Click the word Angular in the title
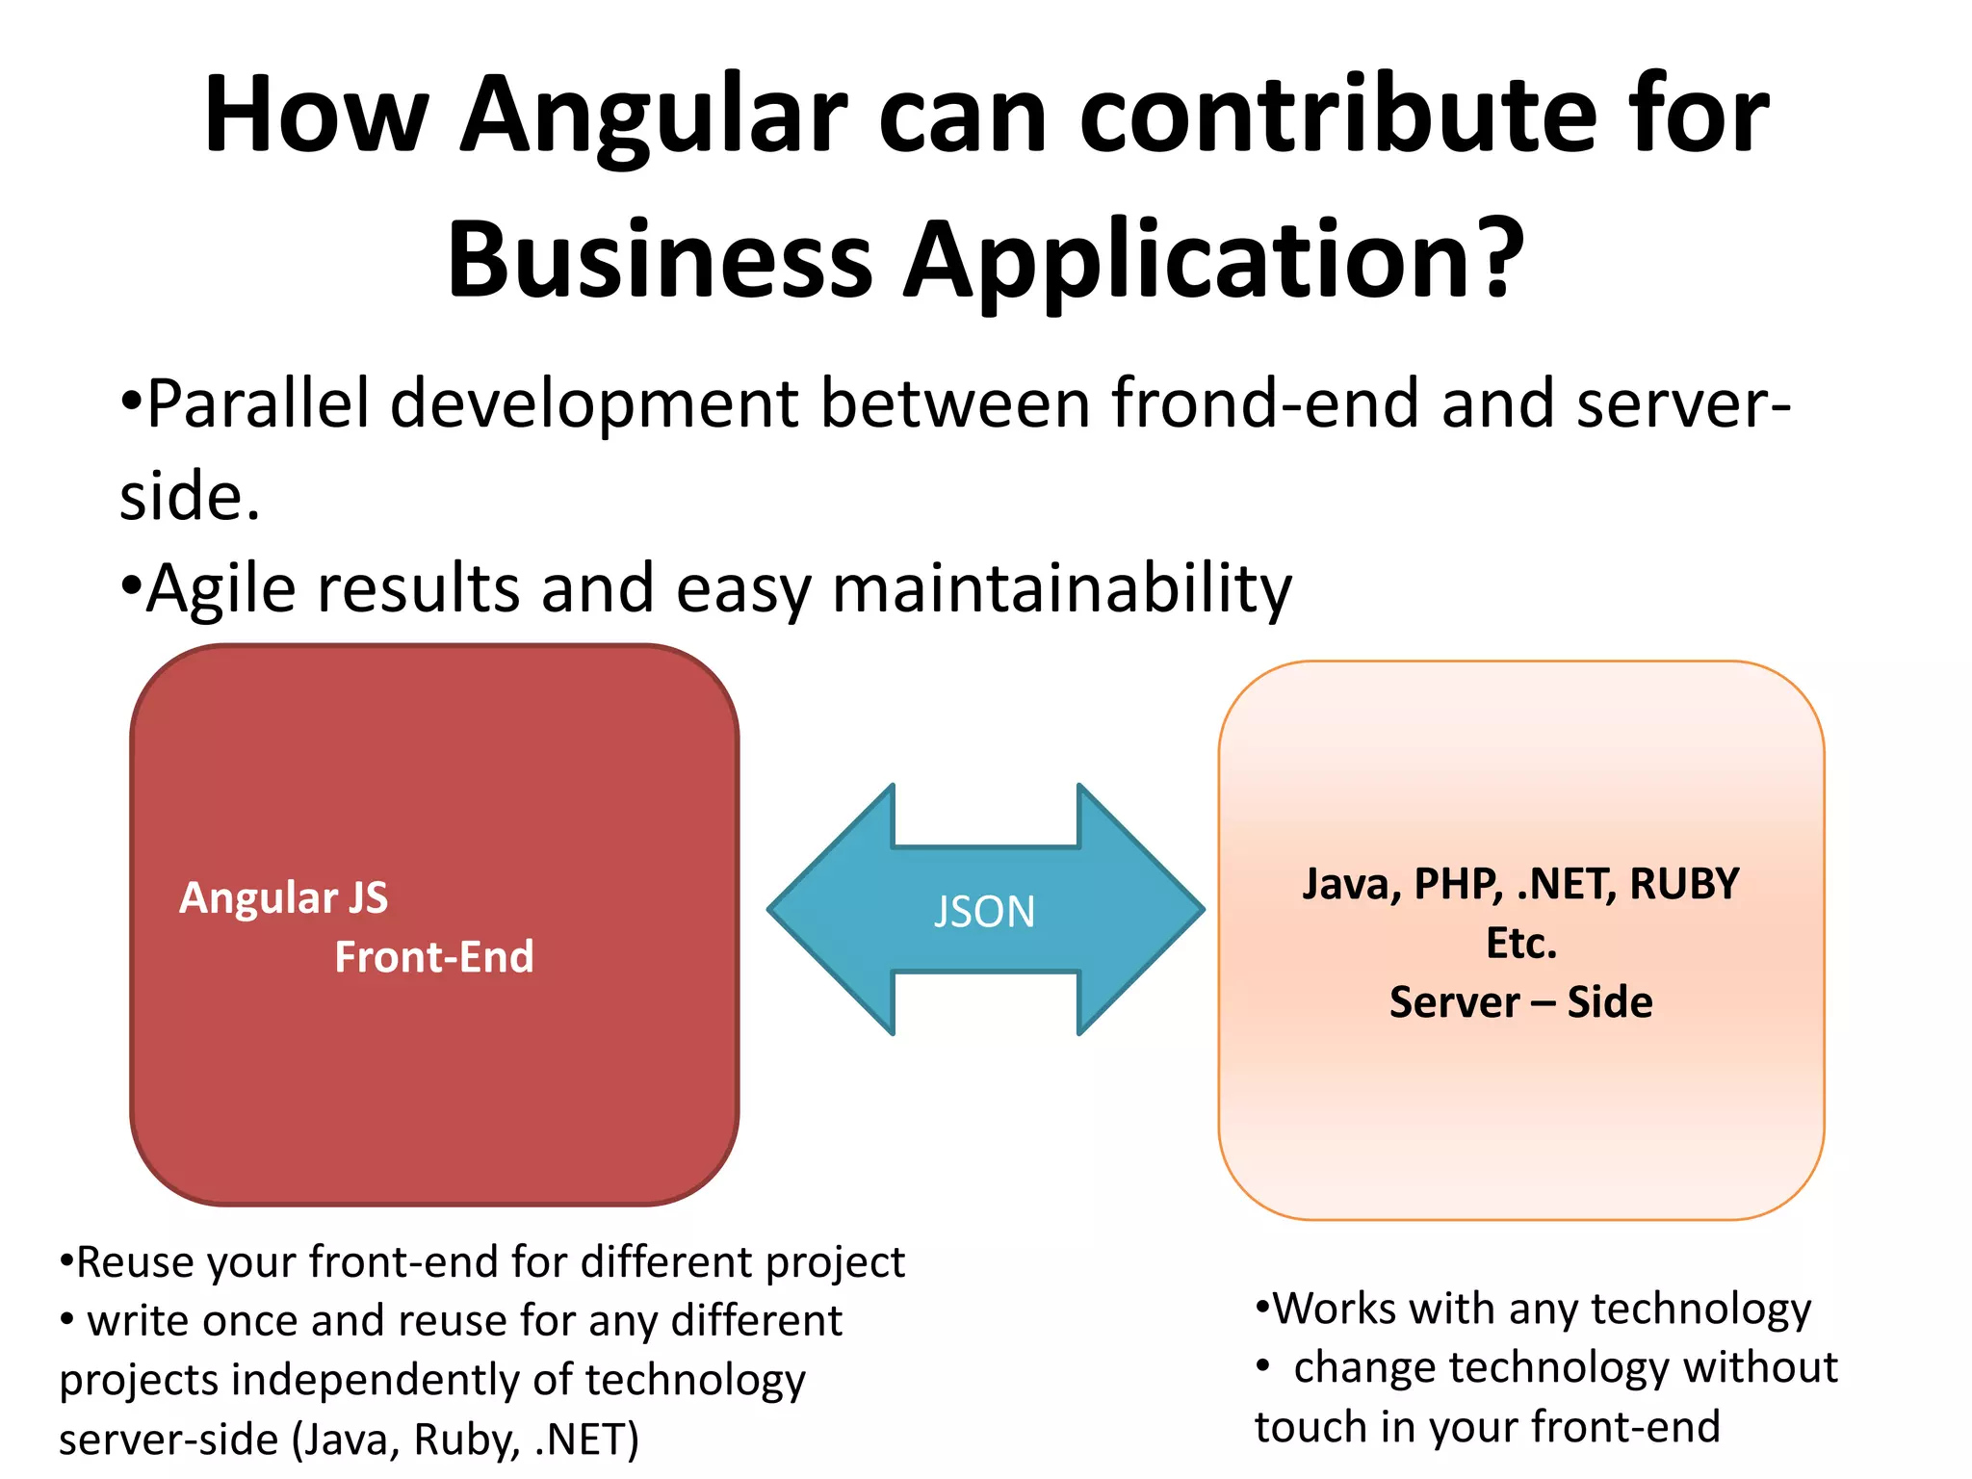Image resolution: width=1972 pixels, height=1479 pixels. [x=654, y=116]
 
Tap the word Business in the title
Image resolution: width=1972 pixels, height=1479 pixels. [x=660, y=258]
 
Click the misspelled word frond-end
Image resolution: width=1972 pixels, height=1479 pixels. [x=1265, y=402]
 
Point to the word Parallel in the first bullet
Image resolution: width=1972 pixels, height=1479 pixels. [x=258, y=402]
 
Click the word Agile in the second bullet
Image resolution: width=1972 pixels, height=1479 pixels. [x=221, y=589]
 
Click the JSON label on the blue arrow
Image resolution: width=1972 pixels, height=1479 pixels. [x=984, y=912]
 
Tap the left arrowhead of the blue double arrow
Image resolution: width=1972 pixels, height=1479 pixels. [x=828, y=910]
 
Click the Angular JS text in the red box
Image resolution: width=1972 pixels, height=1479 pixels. [x=284, y=897]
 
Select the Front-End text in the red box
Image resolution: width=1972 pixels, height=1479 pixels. [x=434, y=957]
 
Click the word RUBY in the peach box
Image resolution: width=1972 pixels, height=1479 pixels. [x=1685, y=884]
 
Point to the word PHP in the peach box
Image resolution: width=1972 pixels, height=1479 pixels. [x=1458, y=884]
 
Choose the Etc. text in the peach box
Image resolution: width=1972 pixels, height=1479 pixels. [x=1521, y=944]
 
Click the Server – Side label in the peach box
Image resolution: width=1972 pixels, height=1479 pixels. [x=1521, y=1002]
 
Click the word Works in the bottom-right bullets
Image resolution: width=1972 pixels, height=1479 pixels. [x=1334, y=1309]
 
